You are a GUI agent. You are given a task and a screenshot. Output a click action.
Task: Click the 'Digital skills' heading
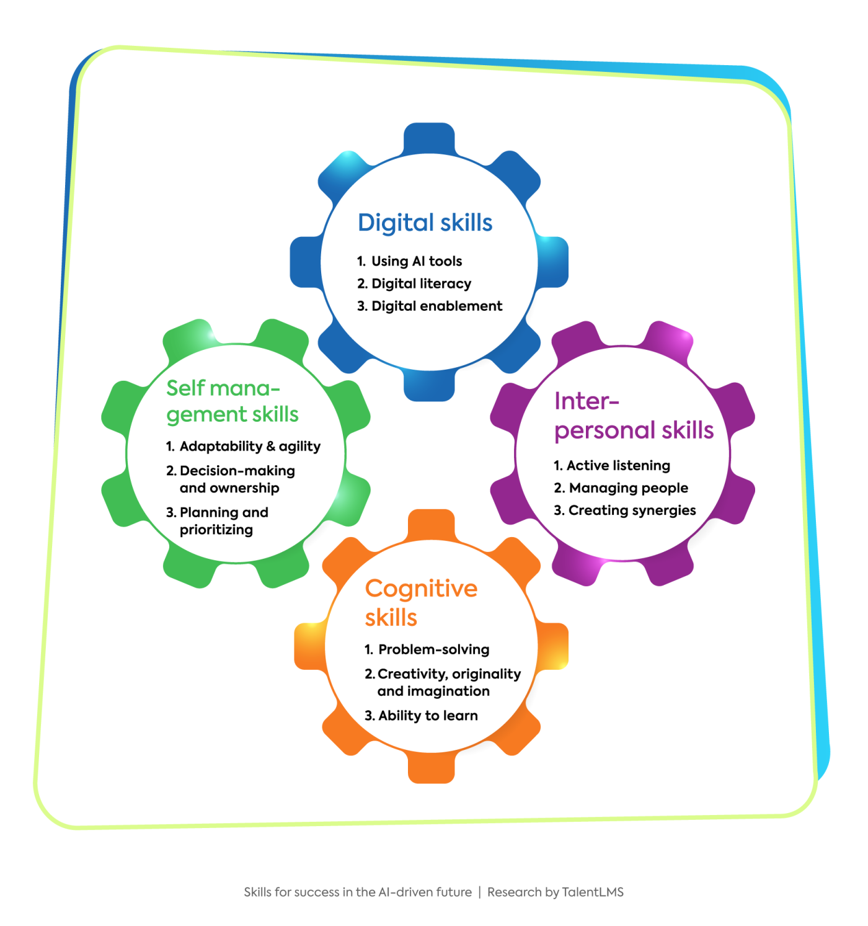425,223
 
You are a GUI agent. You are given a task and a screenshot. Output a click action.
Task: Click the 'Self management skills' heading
232,401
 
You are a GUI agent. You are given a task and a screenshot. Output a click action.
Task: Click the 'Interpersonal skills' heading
633,416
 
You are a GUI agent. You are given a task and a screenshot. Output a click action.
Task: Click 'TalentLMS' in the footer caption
592,892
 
